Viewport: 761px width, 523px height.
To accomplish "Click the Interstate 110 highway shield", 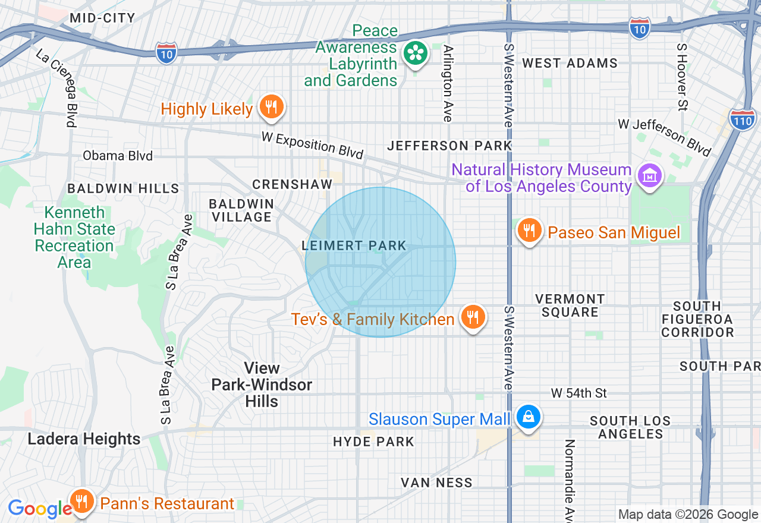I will pyautogui.click(x=743, y=119).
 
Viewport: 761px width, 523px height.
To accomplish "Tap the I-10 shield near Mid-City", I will pyautogui.click(x=167, y=53).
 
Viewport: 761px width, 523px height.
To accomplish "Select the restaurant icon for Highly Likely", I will pyautogui.click(x=271, y=108).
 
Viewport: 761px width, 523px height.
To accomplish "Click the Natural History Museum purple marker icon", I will pyautogui.click(x=649, y=177).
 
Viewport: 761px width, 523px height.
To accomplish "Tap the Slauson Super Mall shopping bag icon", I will pyautogui.click(x=527, y=417).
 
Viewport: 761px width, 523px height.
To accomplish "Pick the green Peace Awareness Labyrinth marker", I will pyautogui.click(x=416, y=54).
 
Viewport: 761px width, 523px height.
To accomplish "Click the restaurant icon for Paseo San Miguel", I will pyautogui.click(x=529, y=231).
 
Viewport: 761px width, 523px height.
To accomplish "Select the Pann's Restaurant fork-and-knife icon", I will pyautogui.click(x=81, y=502).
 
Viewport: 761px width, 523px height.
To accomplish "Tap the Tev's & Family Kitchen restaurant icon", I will pyautogui.click(x=472, y=318).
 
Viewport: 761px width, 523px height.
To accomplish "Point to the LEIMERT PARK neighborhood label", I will pyautogui.click(x=354, y=245).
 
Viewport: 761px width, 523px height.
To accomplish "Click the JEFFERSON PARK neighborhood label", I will pyautogui.click(x=449, y=146).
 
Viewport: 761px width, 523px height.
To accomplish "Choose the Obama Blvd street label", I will pyautogui.click(x=118, y=156).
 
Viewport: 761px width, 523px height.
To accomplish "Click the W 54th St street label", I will pyautogui.click(x=578, y=393).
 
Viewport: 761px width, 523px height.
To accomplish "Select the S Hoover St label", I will pyautogui.click(x=682, y=77).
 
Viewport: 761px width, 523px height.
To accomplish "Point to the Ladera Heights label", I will pyautogui.click(x=84, y=439).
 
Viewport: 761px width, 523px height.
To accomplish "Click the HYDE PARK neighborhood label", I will pyautogui.click(x=373, y=442).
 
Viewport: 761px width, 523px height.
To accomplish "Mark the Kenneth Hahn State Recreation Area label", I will pyautogui.click(x=74, y=237).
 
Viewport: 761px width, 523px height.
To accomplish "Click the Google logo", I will pyautogui.click(x=39, y=509).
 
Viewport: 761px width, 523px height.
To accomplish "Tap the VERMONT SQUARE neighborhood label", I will pyautogui.click(x=570, y=305).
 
